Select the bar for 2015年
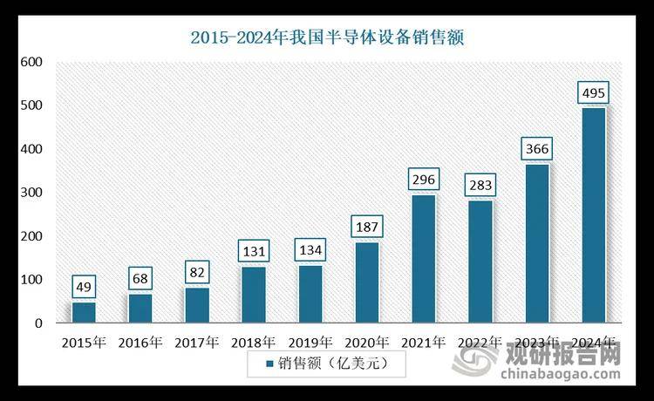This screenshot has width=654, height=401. pos(83,312)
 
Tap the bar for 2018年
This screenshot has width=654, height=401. pos(253,295)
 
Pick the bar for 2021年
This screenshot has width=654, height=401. pos(423,259)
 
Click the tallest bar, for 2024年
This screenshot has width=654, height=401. pos(593,215)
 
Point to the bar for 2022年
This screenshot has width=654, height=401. pos(480,262)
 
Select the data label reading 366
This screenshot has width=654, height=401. pos(536,149)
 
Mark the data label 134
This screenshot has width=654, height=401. pos(310,250)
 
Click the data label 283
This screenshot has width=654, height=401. pos(480,186)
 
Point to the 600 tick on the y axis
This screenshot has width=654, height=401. pos(31,62)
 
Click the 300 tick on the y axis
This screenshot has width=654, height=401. pos(31,193)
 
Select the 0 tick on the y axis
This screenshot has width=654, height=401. pos(38,323)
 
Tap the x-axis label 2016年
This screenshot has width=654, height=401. pos(140,341)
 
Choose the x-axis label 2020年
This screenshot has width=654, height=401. pos(366,341)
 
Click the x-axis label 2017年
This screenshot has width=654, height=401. pos(196,341)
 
